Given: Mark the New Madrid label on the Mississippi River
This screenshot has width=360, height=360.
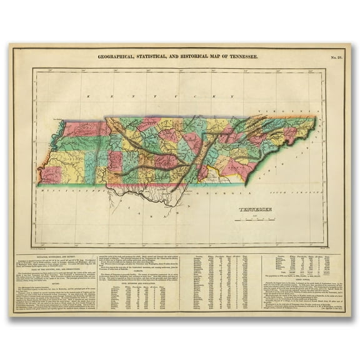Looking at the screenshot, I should (60, 117).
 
